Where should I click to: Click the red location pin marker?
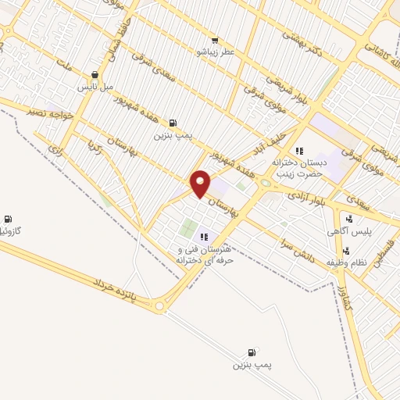201,183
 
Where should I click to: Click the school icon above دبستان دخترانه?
298,151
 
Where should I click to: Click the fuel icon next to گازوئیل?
8,218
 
